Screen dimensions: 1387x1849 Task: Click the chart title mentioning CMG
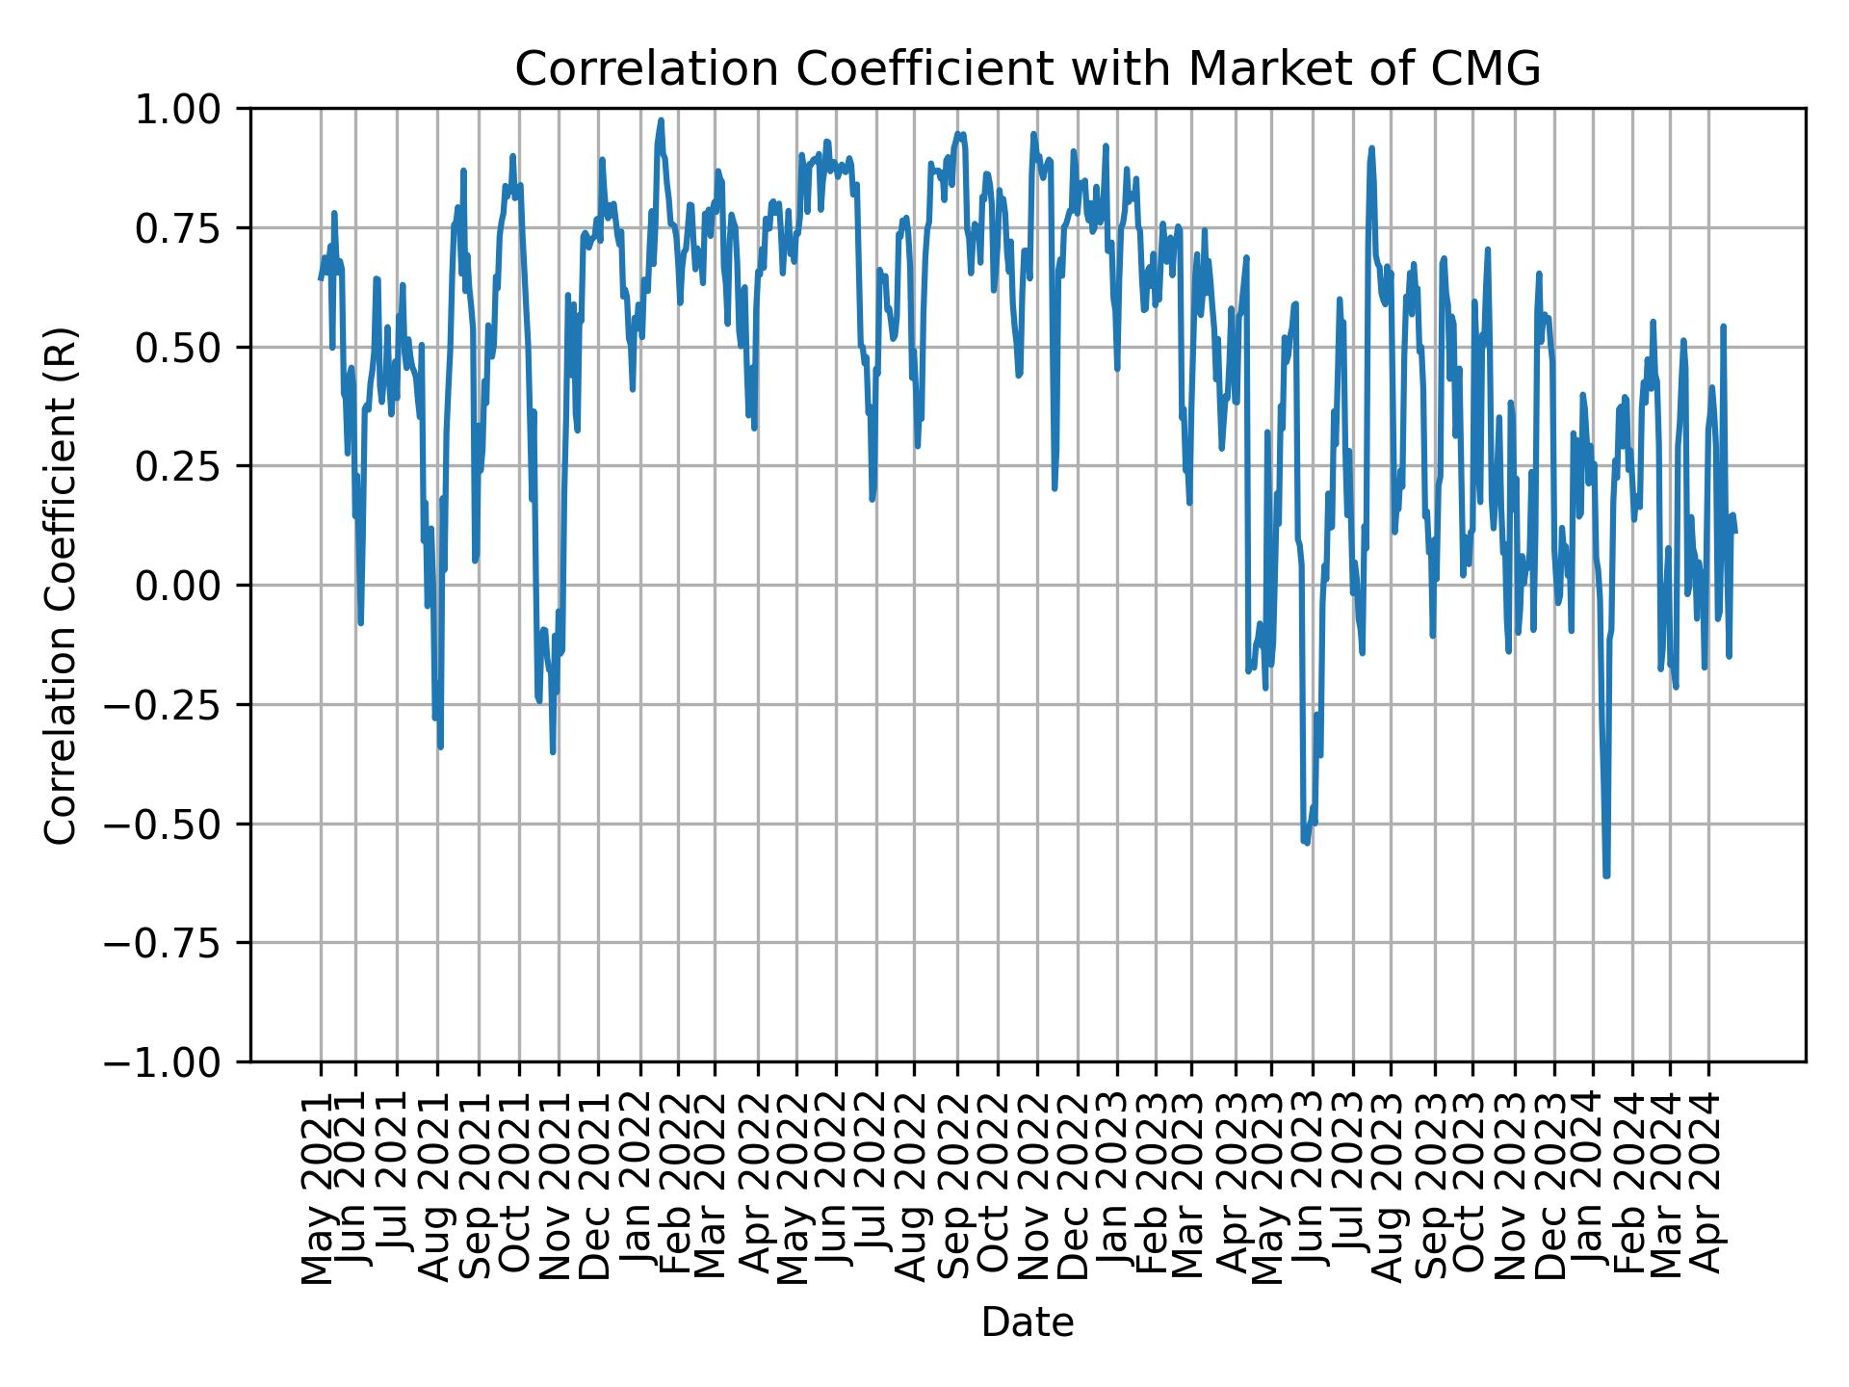[1028, 69]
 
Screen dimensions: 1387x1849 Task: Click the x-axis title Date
[1028, 1322]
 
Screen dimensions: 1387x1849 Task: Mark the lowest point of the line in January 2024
[1606, 875]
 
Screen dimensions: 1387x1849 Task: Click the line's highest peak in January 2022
[661, 120]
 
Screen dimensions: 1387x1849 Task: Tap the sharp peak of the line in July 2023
[1371, 148]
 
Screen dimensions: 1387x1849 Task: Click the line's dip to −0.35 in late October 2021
[553, 751]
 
